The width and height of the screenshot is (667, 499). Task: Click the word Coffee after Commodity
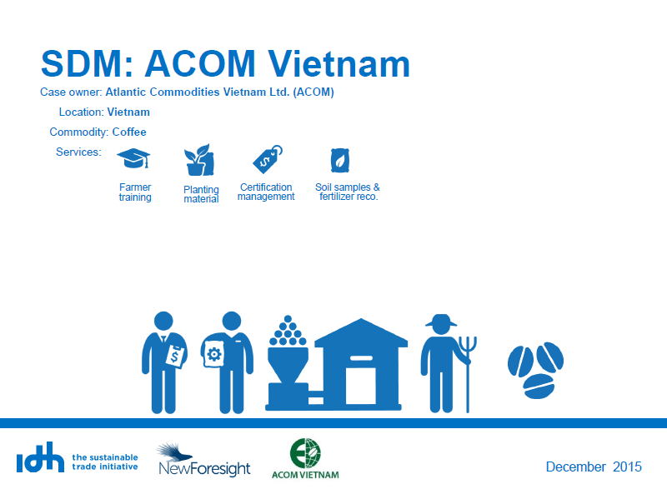[129, 132]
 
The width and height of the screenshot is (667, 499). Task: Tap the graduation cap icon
[133, 158]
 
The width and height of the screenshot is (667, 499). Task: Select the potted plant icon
[199, 160]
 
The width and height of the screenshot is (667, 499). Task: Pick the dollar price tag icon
[268, 159]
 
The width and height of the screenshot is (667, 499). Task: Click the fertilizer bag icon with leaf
[340, 160]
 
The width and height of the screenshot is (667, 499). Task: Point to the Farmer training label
[135, 192]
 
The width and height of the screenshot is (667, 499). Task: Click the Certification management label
[266, 192]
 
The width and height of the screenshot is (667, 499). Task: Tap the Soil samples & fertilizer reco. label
[348, 192]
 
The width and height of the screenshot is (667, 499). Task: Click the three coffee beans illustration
[535, 370]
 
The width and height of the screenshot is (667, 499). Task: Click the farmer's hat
[441, 321]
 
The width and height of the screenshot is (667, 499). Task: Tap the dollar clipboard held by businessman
[176, 357]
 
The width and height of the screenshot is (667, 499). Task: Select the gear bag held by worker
[213, 354]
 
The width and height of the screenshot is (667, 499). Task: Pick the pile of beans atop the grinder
[288, 331]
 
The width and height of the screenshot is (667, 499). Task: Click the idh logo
[40, 457]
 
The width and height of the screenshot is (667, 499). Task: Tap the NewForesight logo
[204, 460]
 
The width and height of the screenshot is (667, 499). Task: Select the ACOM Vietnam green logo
[305, 459]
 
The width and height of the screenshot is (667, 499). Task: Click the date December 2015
[594, 467]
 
